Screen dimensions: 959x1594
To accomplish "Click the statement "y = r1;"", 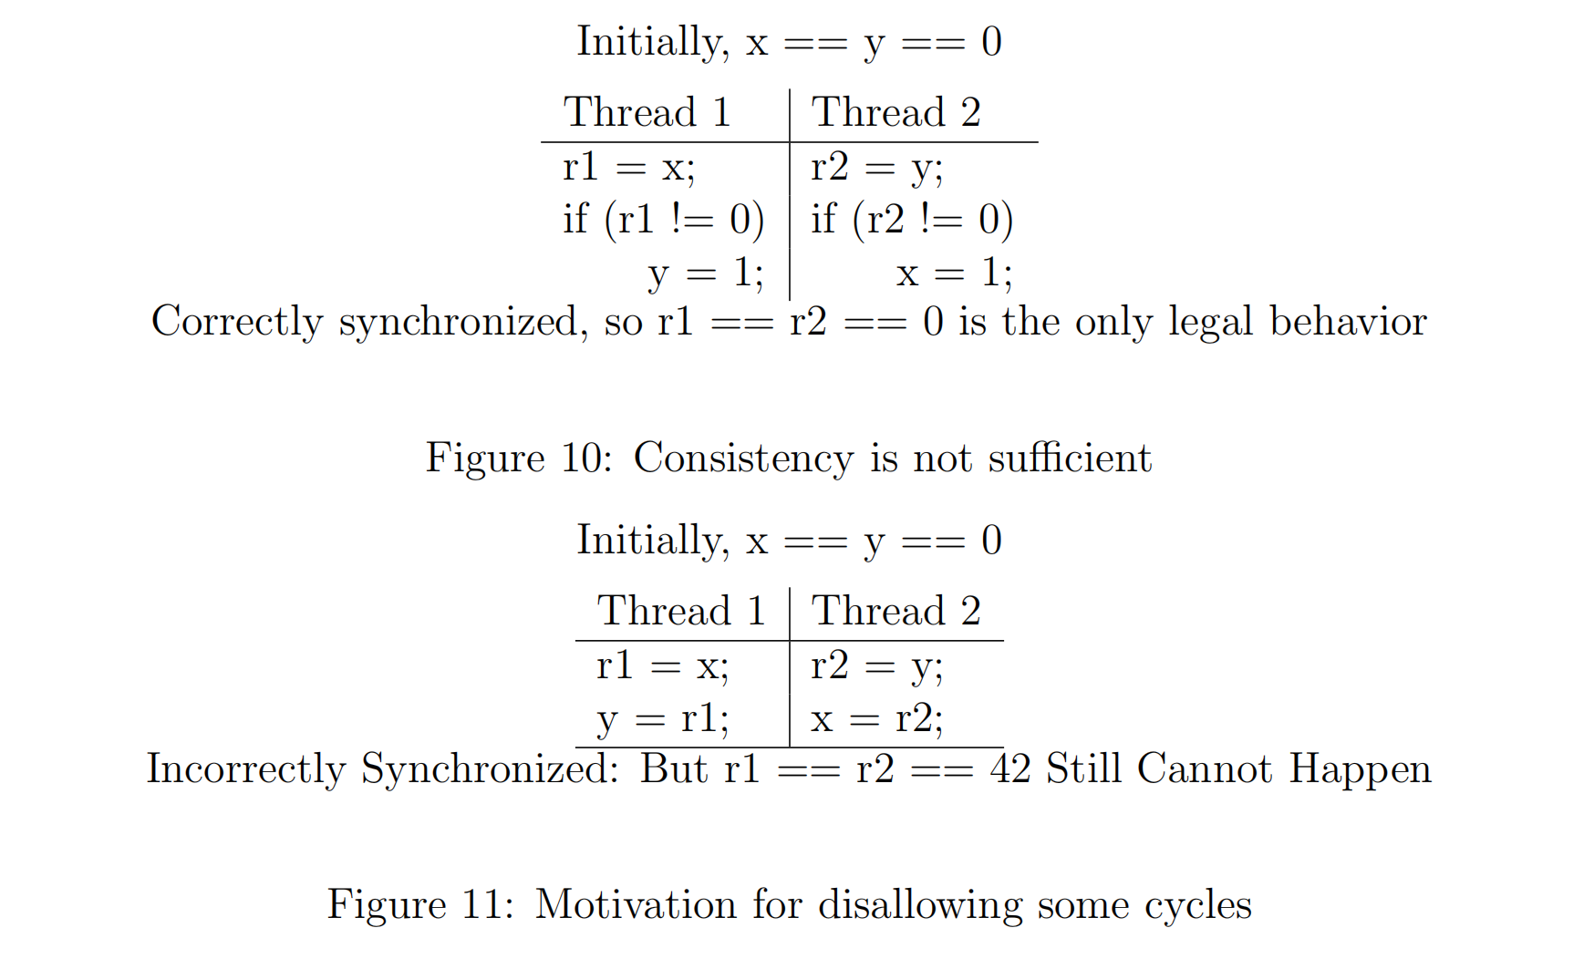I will click(x=663, y=719).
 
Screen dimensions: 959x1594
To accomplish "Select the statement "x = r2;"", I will click(x=876, y=719).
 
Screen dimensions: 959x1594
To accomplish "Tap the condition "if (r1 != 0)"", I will click(x=663, y=220).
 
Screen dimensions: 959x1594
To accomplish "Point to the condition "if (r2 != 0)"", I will click(x=912, y=220).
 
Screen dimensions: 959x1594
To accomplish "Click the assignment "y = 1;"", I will click(x=705, y=273).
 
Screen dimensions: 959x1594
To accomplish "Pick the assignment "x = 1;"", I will click(x=954, y=273).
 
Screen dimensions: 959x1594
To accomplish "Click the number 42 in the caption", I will click(x=1010, y=768).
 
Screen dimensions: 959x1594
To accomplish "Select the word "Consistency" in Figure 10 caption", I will click(x=743, y=458).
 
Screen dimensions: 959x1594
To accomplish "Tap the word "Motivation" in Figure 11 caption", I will click(x=635, y=904).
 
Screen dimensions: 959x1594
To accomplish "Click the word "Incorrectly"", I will click(x=246, y=768).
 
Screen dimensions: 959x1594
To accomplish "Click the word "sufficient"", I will click(x=1070, y=458).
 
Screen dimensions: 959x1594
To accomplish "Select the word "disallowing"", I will click(x=920, y=904).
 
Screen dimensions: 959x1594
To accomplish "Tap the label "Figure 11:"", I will click(x=420, y=904).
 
